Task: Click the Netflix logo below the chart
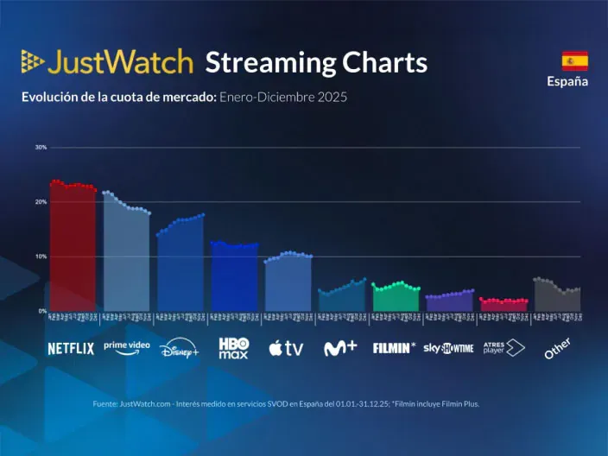[x=71, y=349]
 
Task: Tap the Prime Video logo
[x=126, y=347]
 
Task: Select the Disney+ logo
[x=180, y=348]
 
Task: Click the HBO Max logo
[x=233, y=348]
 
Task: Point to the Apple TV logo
[x=286, y=348]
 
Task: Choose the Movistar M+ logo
[x=340, y=348]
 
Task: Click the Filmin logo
[x=394, y=348]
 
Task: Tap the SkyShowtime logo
[x=448, y=348]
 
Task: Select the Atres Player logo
[x=503, y=348]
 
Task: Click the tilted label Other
[x=557, y=348]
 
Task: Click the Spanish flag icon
[x=574, y=60]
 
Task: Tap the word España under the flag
[x=567, y=82]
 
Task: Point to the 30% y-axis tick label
[x=41, y=148]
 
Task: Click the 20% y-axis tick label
[x=41, y=202]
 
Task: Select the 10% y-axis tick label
[x=41, y=256]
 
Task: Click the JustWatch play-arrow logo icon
[x=32, y=61]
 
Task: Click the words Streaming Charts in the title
[x=316, y=62]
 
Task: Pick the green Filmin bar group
[x=396, y=297]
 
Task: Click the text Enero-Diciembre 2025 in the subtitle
[x=283, y=98]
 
